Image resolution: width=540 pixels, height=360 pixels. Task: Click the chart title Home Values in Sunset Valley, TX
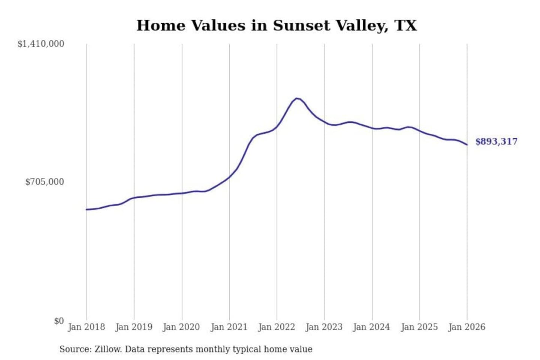tap(276, 25)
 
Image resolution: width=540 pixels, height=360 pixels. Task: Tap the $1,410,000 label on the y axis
tap(41, 44)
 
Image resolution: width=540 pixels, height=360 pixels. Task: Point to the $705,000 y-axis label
tap(45, 182)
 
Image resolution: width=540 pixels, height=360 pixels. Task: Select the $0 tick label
tap(59, 321)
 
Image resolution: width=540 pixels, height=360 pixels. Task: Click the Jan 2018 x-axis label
tap(86, 327)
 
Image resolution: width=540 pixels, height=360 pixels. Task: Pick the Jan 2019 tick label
tap(134, 327)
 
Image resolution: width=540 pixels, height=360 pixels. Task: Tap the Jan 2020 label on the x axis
tap(181, 327)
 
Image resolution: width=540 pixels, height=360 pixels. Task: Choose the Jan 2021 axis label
tap(229, 327)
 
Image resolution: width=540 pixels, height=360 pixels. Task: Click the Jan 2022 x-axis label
tap(277, 327)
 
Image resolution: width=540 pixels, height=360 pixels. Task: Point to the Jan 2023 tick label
tap(324, 327)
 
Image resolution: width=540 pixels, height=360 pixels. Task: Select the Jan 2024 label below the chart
tap(372, 327)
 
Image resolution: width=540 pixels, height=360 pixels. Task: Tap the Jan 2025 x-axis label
tap(419, 327)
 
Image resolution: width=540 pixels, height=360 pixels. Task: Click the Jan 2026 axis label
tap(467, 327)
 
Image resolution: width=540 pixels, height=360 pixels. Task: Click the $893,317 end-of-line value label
tap(496, 142)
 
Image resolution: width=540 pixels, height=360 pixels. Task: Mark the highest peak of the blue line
tap(297, 98)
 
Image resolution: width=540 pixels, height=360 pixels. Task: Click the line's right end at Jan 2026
tap(467, 145)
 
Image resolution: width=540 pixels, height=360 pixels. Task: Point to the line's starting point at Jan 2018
tap(87, 209)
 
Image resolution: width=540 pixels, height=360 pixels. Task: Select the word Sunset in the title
tap(301, 25)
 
